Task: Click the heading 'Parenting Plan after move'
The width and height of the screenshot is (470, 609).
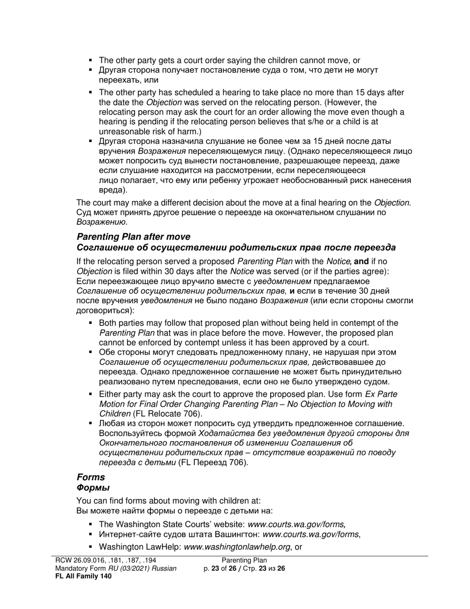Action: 133,237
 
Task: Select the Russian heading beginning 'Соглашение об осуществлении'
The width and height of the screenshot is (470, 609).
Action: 236,248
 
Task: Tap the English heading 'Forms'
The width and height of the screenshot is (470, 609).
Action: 91,477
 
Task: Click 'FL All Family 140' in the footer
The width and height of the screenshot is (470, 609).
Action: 84,576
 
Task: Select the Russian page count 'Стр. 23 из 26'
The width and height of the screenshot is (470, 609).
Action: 262,568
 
